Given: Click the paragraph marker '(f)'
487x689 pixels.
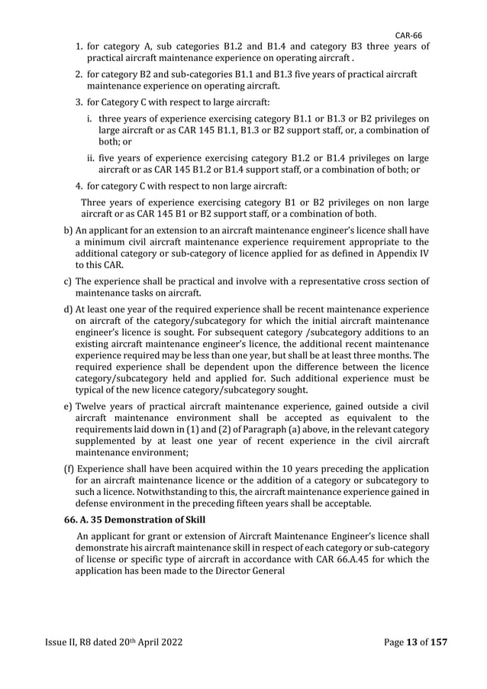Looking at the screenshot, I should coord(68,469).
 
